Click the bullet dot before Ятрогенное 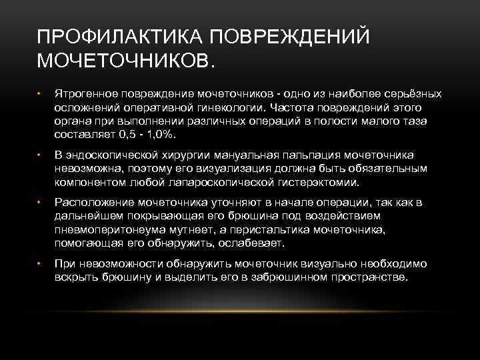tap(40, 94)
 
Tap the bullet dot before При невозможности tap(40, 264)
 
